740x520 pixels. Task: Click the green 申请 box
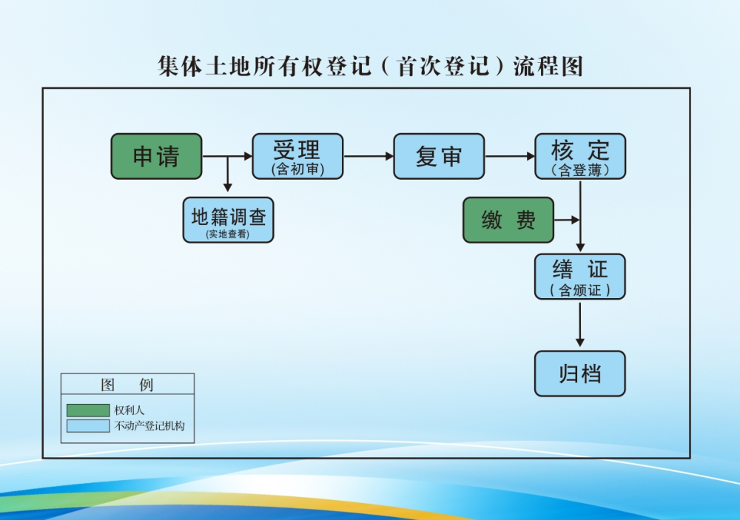156,156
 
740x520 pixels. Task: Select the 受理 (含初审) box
297,156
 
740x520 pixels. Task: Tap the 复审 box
439,156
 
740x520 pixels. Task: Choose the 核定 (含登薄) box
580,156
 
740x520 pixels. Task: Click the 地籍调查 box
228,220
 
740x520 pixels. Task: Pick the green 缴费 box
508,220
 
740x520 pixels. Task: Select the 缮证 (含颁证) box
580,277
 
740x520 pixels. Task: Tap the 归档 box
580,374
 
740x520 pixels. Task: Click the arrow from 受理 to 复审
369,156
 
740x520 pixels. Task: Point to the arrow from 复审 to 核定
510,156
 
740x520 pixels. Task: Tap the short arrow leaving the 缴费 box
567,220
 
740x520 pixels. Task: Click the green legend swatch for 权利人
87,410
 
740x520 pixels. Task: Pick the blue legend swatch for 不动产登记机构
87,426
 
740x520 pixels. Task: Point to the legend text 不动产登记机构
149,426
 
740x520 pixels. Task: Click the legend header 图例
127,385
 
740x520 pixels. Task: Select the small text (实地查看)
228,234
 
